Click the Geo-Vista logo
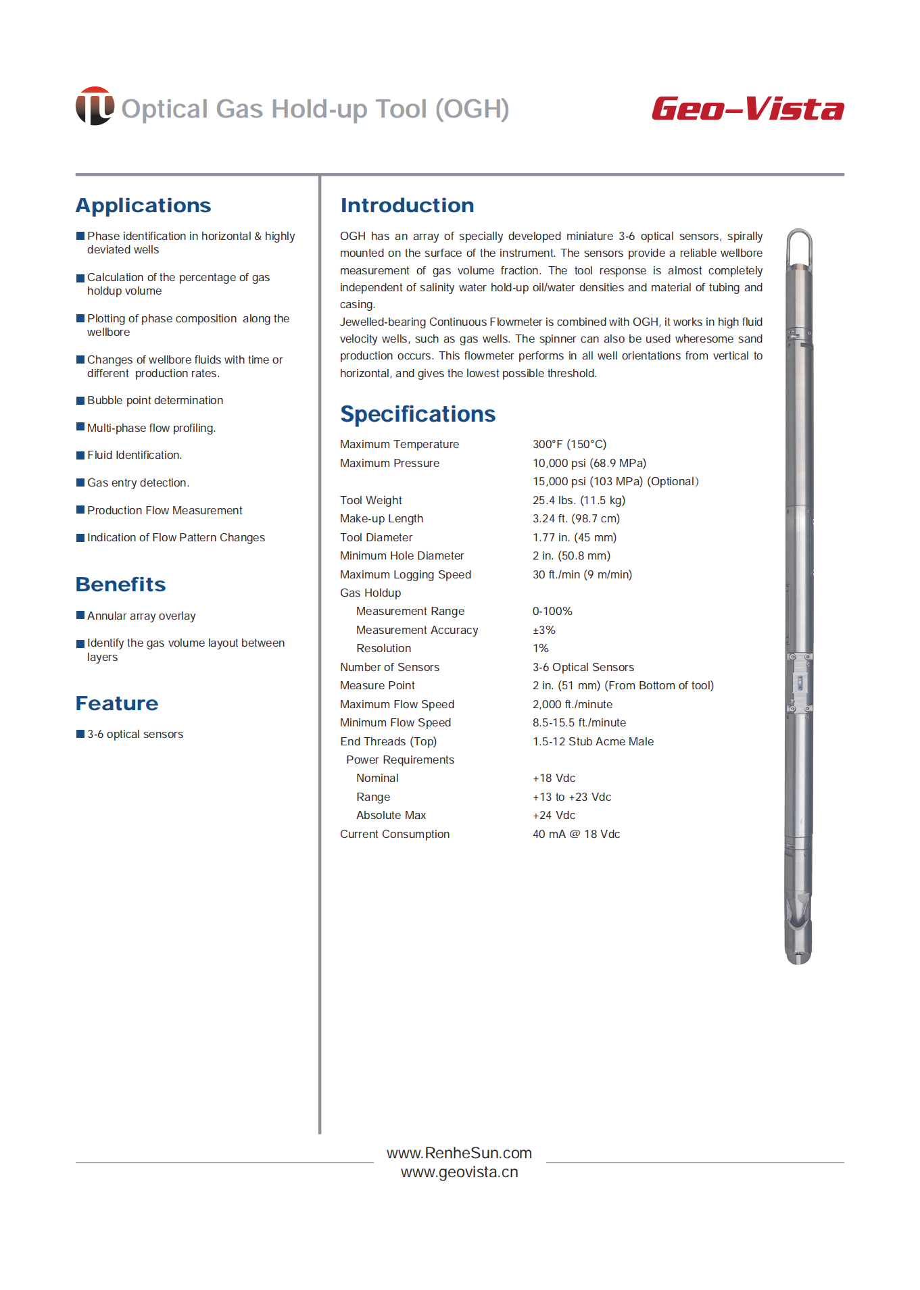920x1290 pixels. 748,109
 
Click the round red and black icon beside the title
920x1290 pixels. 95,106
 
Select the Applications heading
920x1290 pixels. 143,205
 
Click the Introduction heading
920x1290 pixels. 407,205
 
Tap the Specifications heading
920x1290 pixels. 418,414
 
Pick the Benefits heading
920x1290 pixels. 120,585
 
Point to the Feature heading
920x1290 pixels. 117,703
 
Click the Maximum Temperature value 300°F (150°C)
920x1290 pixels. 569,445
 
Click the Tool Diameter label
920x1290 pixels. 376,538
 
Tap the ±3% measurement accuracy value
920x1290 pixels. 543,630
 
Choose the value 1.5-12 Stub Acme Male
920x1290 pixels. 593,742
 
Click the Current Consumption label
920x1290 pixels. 395,835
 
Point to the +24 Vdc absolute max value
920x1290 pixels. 554,816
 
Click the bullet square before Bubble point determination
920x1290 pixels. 80,401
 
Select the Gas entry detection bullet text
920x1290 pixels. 138,483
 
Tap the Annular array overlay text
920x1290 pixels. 141,616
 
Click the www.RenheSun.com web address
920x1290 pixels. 459,1153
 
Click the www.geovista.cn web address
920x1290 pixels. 459,1172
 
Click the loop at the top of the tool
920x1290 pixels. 799,245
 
